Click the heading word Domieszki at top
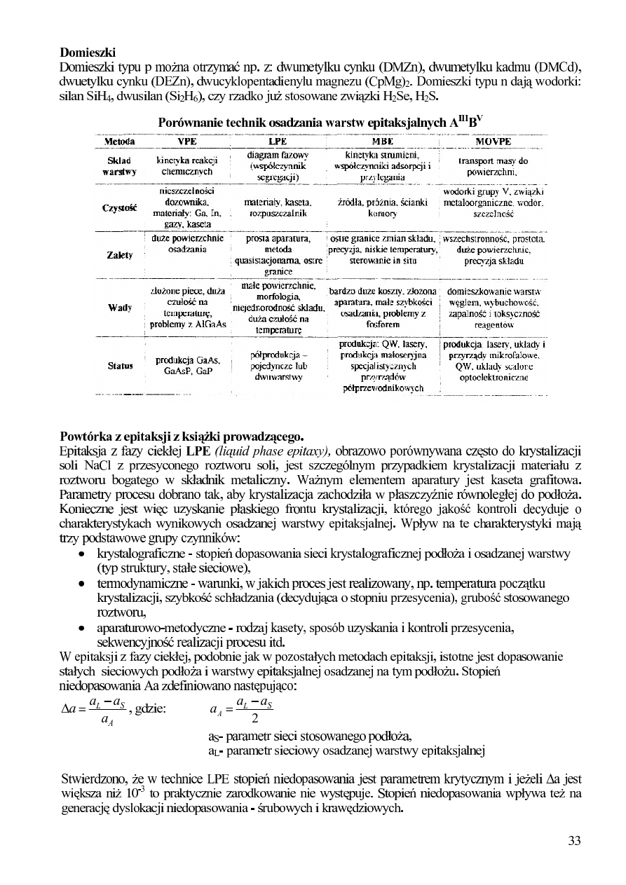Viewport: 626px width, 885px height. click(x=88, y=53)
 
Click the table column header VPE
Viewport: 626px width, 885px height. click(x=187, y=140)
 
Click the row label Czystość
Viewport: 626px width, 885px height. click(x=119, y=207)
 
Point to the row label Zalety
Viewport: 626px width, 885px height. click(x=119, y=256)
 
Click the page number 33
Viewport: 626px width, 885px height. click(x=574, y=841)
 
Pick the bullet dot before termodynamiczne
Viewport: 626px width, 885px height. click(x=82, y=584)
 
